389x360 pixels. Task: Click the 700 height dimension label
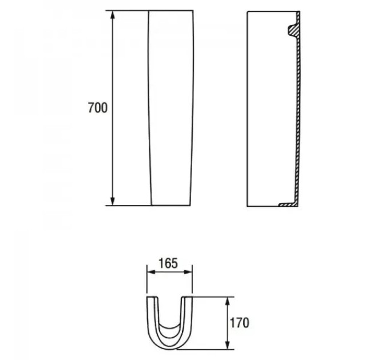coord(98,108)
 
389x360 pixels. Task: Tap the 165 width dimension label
coord(168,263)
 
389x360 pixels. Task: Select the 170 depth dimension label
coord(239,323)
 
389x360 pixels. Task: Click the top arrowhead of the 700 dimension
coord(113,15)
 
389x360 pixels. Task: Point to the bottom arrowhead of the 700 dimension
coord(113,201)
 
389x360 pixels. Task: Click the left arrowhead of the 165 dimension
coord(151,272)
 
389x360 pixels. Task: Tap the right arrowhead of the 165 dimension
coord(188,272)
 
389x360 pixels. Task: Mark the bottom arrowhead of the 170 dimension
coord(227,345)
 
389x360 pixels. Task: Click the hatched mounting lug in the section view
coord(293,30)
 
